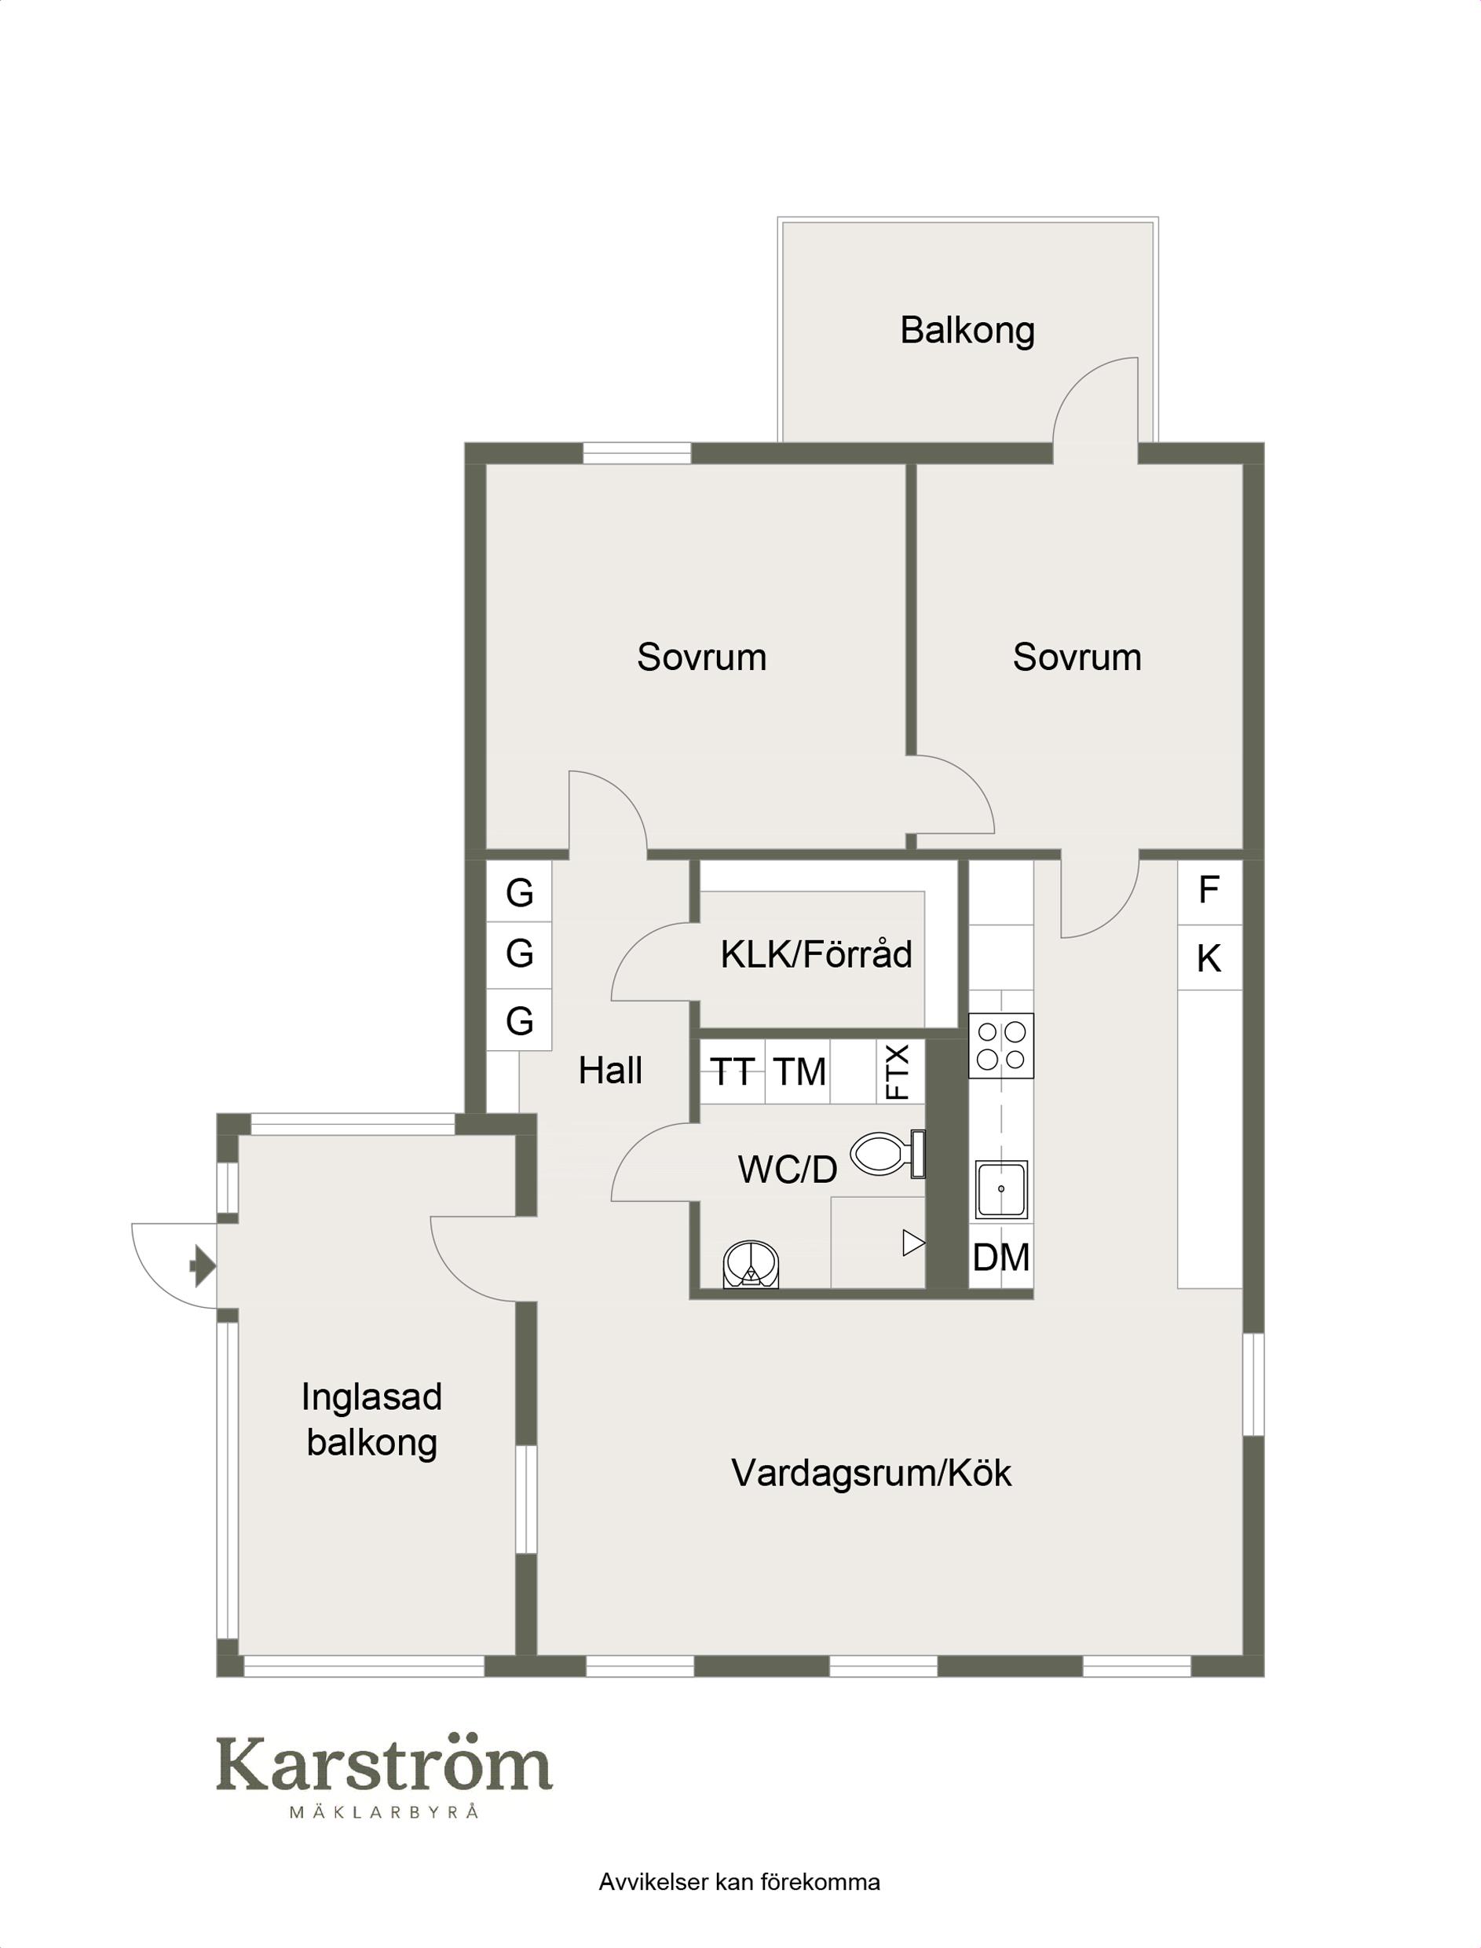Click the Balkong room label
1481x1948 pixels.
967,331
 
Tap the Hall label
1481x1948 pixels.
610,1071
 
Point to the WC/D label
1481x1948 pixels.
787,1170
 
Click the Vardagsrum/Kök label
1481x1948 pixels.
871,1473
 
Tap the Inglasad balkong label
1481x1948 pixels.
371,1420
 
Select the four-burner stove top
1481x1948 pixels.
1000,1045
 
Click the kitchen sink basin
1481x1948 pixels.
1001,1189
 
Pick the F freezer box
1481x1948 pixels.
1209,892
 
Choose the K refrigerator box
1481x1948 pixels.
1209,958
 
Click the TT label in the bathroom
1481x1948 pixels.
732,1072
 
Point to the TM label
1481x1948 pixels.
799,1072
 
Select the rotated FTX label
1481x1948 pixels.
898,1071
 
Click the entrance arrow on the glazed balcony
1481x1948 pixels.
203,1267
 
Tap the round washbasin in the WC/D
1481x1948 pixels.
751,1265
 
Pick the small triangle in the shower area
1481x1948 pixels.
913,1244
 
